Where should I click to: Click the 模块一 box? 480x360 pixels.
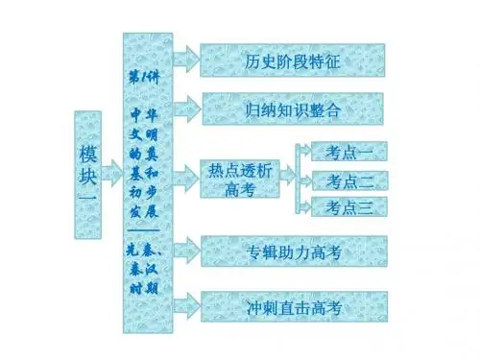[88, 175]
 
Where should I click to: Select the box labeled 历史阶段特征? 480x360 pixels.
[293, 60]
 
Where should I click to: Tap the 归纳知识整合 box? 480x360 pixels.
[293, 108]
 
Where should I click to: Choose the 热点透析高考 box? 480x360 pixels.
[240, 179]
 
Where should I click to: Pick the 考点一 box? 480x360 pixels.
[349, 152]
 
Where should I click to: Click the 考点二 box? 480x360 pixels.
[349, 180]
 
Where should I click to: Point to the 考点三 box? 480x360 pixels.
[349, 206]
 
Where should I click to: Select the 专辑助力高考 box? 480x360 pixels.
[294, 252]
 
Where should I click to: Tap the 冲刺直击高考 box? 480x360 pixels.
[294, 306]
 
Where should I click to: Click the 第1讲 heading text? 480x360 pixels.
[144, 78]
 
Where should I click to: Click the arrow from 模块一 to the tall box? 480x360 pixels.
[112, 173]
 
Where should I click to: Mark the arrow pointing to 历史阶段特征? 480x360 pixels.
[186, 60]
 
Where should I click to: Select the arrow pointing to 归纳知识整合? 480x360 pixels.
[187, 108]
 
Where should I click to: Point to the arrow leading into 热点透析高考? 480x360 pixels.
[186, 178]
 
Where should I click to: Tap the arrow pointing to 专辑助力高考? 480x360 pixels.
[187, 251]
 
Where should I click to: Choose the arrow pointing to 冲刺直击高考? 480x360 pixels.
[187, 306]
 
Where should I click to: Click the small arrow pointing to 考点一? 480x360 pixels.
[305, 151]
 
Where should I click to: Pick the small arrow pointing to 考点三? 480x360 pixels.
[305, 207]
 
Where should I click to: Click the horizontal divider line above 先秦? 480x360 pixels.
[144, 230]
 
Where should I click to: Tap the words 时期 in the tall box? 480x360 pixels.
[144, 288]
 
